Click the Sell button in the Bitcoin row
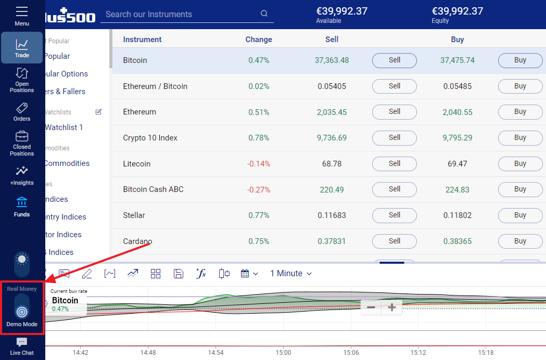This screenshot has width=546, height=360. (x=394, y=60)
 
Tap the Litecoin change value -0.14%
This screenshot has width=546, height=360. (x=259, y=164)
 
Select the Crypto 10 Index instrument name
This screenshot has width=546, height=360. (x=150, y=138)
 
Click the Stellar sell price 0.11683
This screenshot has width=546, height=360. (x=332, y=215)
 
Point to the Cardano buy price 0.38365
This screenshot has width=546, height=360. (x=458, y=241)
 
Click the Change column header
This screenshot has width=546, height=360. (x=259, y=40)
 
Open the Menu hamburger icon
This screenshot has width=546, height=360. (x=22, y=11)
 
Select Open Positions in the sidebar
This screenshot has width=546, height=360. (x=22, y=80)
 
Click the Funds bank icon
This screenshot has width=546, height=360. (x=22, y=202)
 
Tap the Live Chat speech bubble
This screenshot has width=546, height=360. (x=22, y=342)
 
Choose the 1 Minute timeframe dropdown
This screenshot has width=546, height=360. (x=291, y=274)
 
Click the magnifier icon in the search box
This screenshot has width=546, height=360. (x=264, y=14)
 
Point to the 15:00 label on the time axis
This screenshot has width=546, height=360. (x=283, y=352)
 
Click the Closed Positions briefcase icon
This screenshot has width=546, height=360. (x=22, y=137)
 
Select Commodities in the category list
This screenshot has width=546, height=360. (x=66, y=163)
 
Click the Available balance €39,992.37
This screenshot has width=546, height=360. (x=342, y=11)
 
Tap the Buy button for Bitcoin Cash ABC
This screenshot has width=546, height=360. (x=520, y=189)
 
